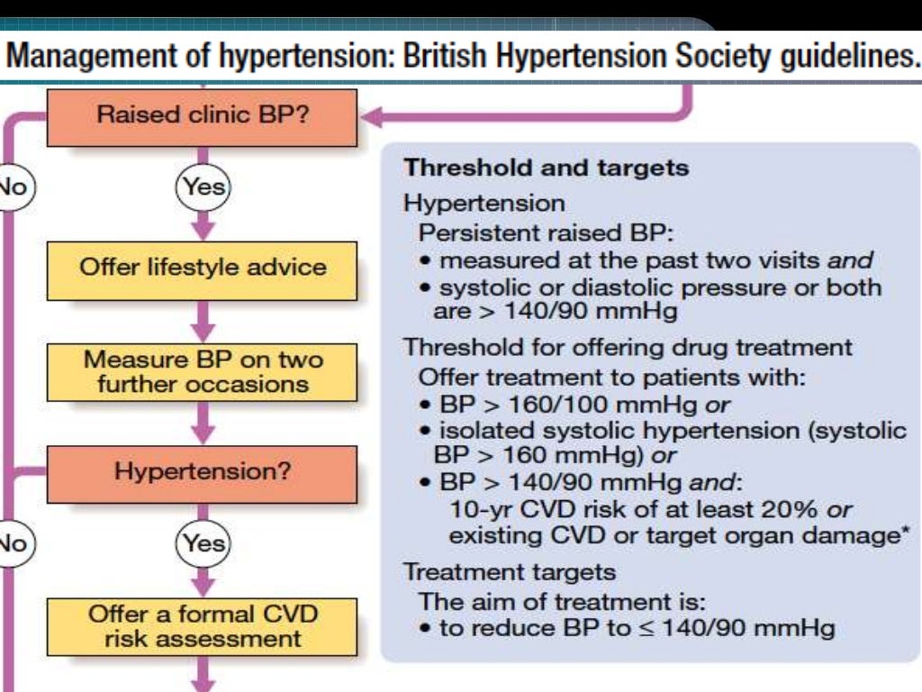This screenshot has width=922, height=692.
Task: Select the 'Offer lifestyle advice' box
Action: pyautogui.click(x=203, y=269)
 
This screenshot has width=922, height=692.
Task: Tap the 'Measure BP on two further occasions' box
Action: pyautogui.click(x=203, y=372)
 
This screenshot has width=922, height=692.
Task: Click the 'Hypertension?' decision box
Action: pyautogui.click(x=203, y=472)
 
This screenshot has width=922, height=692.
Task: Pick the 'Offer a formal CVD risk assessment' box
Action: pyautogui.click(x=203, y=627)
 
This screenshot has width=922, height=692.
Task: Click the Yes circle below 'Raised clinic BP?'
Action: pyautogui.click(x=203, y=187)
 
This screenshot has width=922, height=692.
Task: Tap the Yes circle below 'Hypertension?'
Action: pyautogui.click(x=203, y=543)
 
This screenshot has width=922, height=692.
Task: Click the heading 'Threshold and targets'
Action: pyautogui.click(x=546, y=168)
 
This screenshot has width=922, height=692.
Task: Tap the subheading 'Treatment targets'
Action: pyautogui.click(x=510, y=571)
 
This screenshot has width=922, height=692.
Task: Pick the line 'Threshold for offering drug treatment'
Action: pyautogui.click(x=628, y=347)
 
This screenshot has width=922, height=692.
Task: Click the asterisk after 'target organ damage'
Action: pyautogui.click(x=903, y=533)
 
